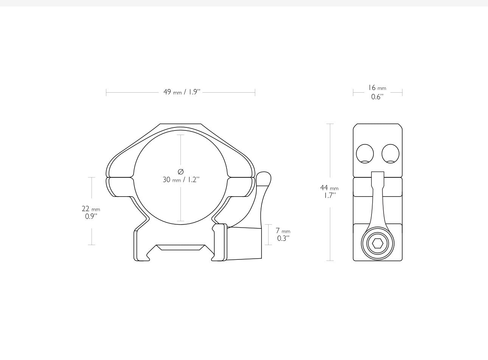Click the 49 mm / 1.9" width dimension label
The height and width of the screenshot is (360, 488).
[x=181, y=92]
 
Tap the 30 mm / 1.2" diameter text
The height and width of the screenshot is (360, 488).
[x=181, y=180]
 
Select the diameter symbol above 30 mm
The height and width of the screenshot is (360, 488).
[x=180, y=171]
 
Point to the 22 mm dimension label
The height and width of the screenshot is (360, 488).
[x=91, y=209]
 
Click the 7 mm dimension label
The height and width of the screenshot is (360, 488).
[x=283, y=231]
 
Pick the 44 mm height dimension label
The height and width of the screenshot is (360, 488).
[x=329, y=188]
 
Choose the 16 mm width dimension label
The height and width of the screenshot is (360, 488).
[x=377, y=88]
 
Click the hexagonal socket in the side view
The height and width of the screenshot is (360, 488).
[x=378, y=244]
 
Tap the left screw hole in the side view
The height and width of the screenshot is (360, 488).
[x=365, y=154]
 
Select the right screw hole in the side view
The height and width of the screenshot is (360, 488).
[x=390, y=154]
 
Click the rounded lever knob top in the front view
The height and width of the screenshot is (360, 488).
[x=264, y=178]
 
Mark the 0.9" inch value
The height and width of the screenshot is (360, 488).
[x=91, y=216]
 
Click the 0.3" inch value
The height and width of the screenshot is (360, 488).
[x=283, y=238]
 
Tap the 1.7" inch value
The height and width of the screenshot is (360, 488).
[x=329, y=196]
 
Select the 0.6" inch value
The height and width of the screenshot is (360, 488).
[x=377, y=96]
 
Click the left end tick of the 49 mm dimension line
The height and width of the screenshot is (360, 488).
[x=106, y=92]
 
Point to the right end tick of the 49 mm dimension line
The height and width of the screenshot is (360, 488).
[x=255, y=92]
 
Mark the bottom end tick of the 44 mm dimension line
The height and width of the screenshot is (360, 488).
[x=330, y=261]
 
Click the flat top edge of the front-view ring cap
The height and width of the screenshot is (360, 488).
[x=180, y=124]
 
